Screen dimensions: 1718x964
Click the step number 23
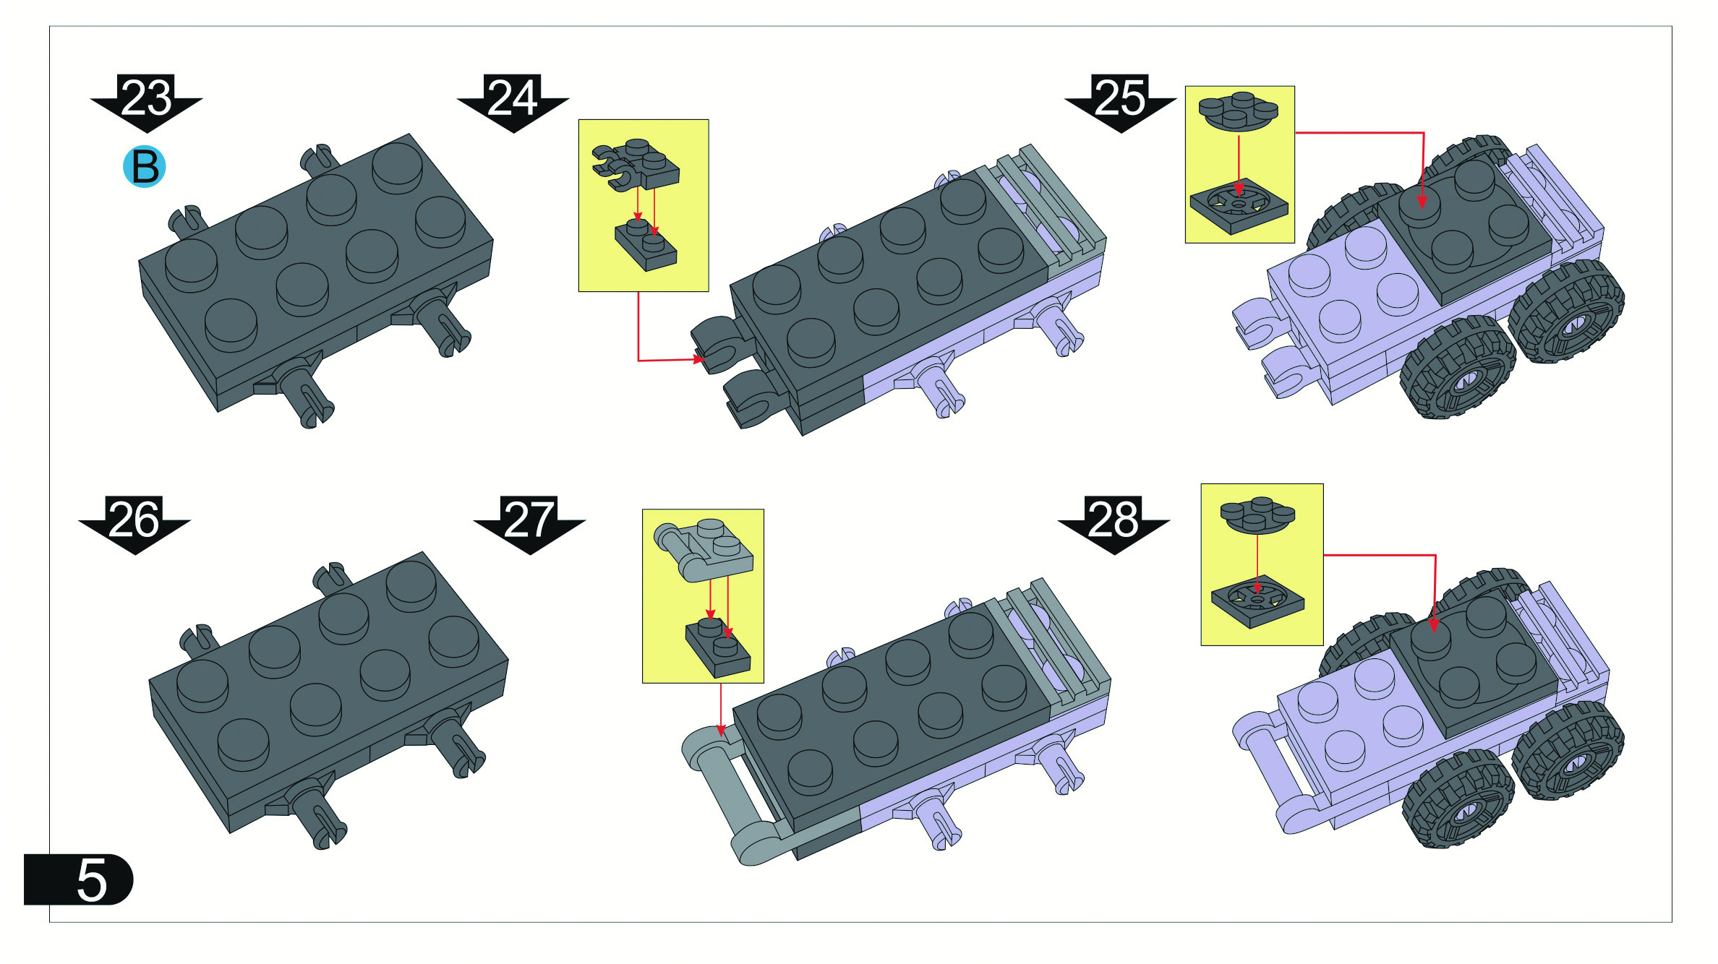pos(147,98)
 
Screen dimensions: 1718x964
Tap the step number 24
pos(513,98)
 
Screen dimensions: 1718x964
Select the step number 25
pos(1121,98)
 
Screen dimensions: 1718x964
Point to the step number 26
pos(134,519)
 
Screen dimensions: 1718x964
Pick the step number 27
pos(529,519)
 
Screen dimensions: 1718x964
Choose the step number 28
pos(1114,519)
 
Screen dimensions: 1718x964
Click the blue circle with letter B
pos(145,167)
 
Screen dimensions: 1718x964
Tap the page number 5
pos(92,880)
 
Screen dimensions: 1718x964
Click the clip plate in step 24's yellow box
pos(636,165)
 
